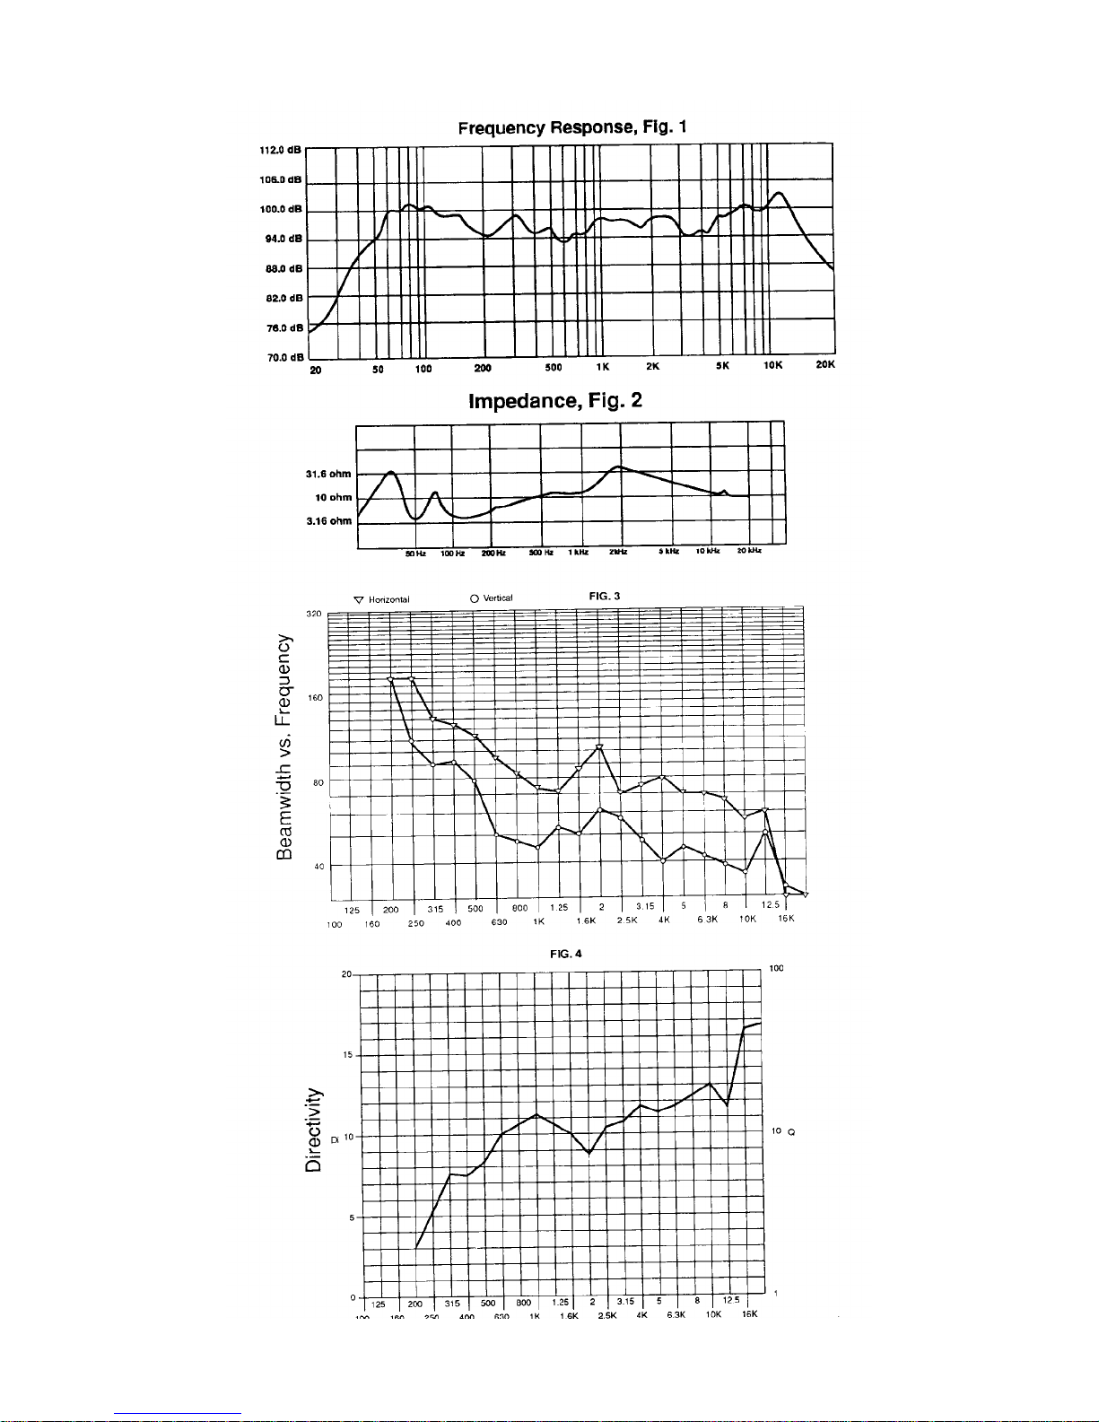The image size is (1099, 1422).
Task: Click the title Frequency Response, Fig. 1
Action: point(572,127)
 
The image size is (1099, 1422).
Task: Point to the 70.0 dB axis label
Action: point(283,358)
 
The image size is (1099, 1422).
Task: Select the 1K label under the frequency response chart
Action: point(603,366)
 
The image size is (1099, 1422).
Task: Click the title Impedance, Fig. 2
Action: point(555,400)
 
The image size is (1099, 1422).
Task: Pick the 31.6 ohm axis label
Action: point(328,474)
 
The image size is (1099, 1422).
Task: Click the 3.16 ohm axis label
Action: point(328,521)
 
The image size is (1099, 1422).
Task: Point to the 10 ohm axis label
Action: point(333,497)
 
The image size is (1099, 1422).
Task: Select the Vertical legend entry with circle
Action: point(491,598)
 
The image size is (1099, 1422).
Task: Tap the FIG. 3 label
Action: point(604,597)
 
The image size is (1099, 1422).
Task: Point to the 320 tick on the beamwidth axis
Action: point(314,614)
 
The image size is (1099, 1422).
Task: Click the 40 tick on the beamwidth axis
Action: point(318,867)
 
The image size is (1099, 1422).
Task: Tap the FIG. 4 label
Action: point(565,954)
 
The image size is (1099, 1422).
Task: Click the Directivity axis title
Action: point(313,1130)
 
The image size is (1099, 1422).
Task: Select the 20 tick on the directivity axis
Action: point(345,974)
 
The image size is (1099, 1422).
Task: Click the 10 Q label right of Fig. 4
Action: point(782,1132)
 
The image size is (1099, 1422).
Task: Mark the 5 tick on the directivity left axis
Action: point(348,1217)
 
